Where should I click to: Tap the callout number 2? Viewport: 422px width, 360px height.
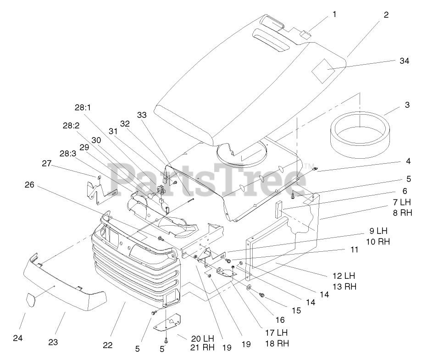pos(386,15)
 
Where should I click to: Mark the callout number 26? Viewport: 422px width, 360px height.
pos(29,185)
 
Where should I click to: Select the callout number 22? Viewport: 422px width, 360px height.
pos(107,345)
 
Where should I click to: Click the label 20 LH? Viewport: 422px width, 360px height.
pos(202,338)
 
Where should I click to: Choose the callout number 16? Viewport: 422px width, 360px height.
pos(280,320)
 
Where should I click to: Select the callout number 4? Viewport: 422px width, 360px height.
pos(408,161)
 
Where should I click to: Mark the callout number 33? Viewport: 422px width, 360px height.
pos(142,115)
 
